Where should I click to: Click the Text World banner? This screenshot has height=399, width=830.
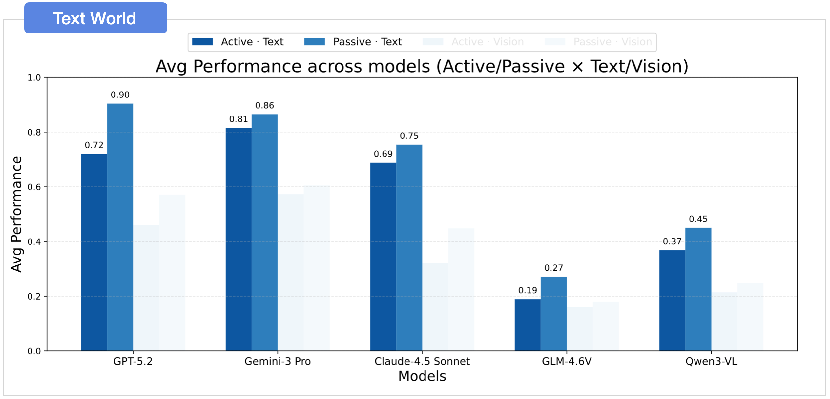(95, 18)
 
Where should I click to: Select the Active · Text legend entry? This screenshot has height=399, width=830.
(238, 42)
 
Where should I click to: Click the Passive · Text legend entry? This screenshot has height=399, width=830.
(353, 42)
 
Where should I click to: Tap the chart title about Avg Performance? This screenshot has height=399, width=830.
(422, 66)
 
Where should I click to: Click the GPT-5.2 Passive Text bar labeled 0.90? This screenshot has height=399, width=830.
(120, 226)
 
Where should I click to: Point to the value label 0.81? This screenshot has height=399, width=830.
(239, 119)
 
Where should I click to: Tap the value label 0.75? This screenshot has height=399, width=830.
(409, 136)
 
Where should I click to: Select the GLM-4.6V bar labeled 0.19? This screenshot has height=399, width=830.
(528, 325)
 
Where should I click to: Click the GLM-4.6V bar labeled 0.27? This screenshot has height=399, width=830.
(554, 314)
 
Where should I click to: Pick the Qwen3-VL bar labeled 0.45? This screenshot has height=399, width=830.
(698, 289)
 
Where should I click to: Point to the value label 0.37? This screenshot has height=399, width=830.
(672, 241)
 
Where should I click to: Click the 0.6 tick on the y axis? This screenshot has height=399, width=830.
(34, 187)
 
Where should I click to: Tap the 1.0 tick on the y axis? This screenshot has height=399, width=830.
(34, 78)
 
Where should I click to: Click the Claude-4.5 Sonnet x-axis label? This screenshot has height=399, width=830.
(422, 361)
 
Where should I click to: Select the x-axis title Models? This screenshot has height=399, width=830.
(422, 376)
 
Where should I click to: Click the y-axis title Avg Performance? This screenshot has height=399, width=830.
(16, 214)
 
